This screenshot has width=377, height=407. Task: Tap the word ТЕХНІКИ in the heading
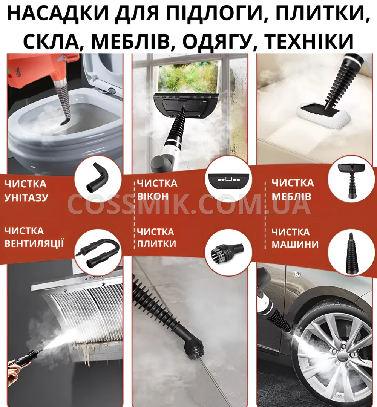click(309, 41)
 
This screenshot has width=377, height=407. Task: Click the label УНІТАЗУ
click(26, 197)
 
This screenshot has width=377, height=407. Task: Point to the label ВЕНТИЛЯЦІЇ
click(34, 243)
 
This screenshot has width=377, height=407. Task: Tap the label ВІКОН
click(153, 196)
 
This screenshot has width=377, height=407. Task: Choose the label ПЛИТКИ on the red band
click(156, 244)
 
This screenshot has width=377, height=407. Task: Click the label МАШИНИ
click(295, 244)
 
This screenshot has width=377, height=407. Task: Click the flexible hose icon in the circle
click(98, 252)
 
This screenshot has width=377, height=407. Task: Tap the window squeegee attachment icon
click(228, 181)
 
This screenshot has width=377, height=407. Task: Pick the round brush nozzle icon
click(227, 251)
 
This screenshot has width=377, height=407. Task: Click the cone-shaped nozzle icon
click(351, 253)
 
